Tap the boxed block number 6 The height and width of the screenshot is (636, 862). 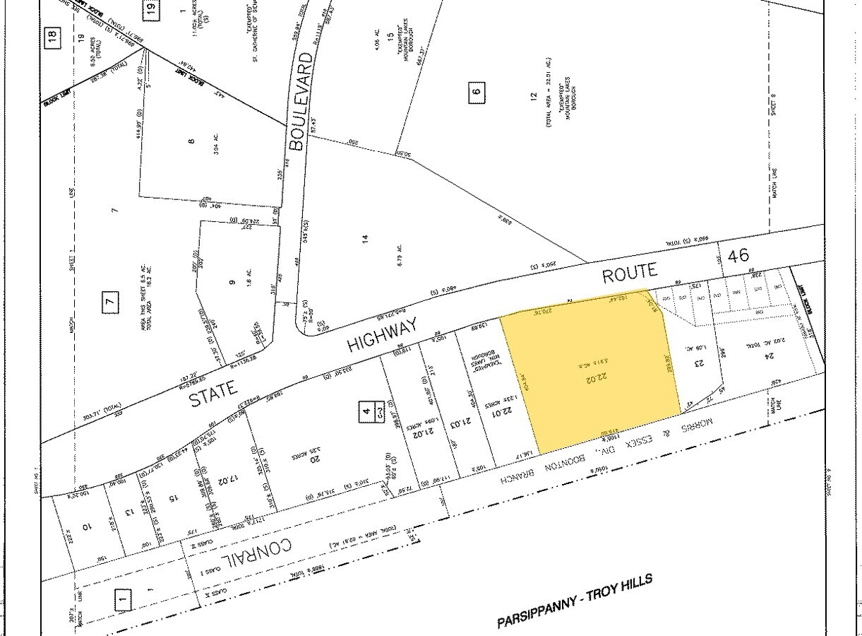tap(477, 91)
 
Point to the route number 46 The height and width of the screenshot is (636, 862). tap(738, 256)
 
